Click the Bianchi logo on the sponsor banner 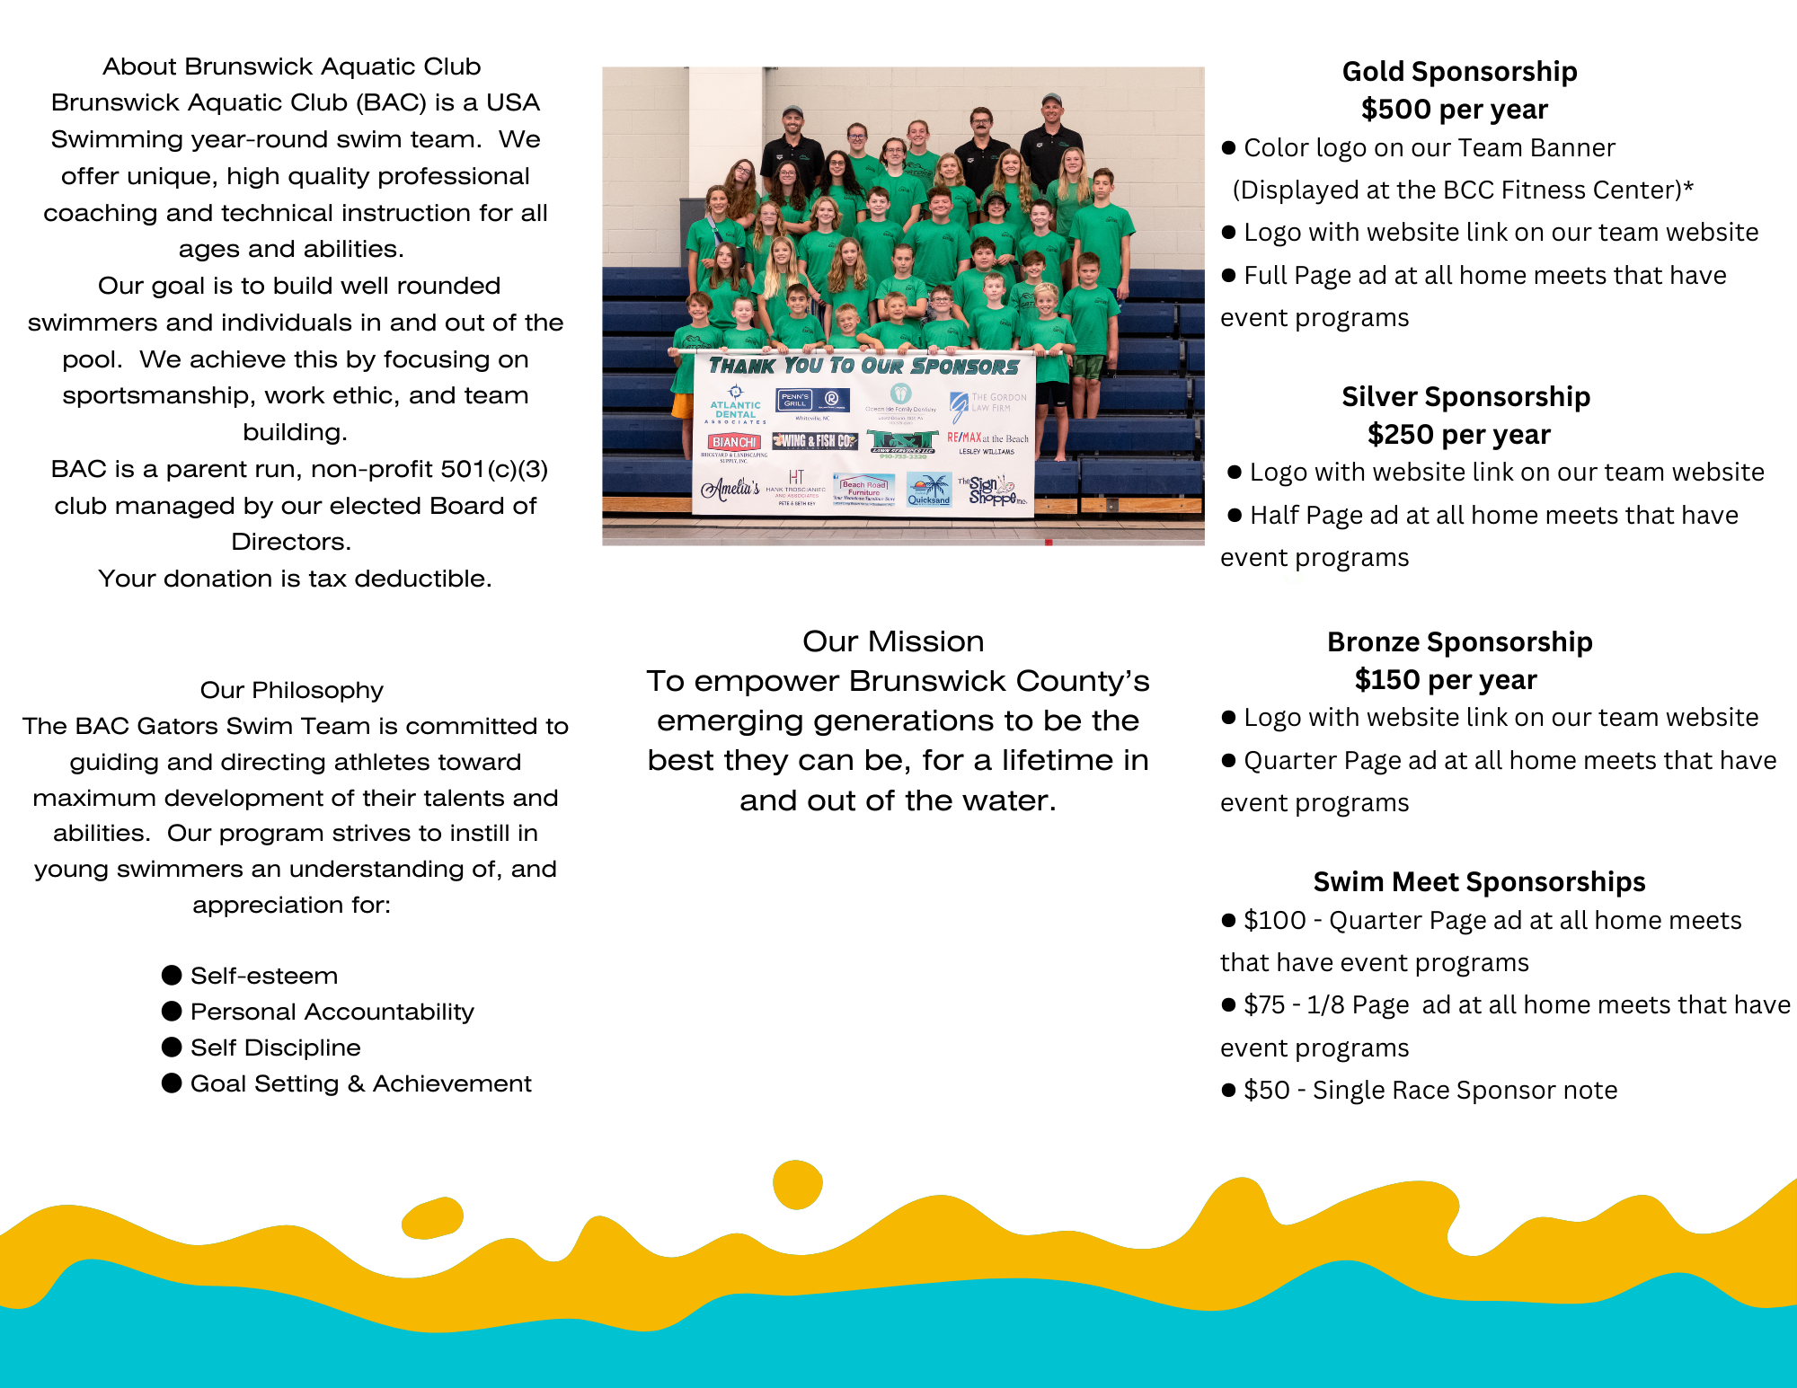coord(734,442)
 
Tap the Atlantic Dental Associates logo coord(736,406)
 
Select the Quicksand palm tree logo coord(929,491)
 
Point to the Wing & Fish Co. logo coord(815,441)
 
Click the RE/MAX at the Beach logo coord(987,439)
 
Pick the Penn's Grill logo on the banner coord(795,400)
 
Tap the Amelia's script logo coord(730,488)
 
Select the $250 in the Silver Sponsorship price coord(1401,435)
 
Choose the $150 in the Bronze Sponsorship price coord(1387,680)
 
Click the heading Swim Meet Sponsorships coord(1479,882)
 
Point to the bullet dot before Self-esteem coord(172,975)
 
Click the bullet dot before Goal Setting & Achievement coord(172,1083)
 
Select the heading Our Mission coord(893,641)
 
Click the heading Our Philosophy coord(291,690)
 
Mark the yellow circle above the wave coord(797,1185)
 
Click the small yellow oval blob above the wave coord(432,1218)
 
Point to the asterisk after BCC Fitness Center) coord(1688,187)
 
